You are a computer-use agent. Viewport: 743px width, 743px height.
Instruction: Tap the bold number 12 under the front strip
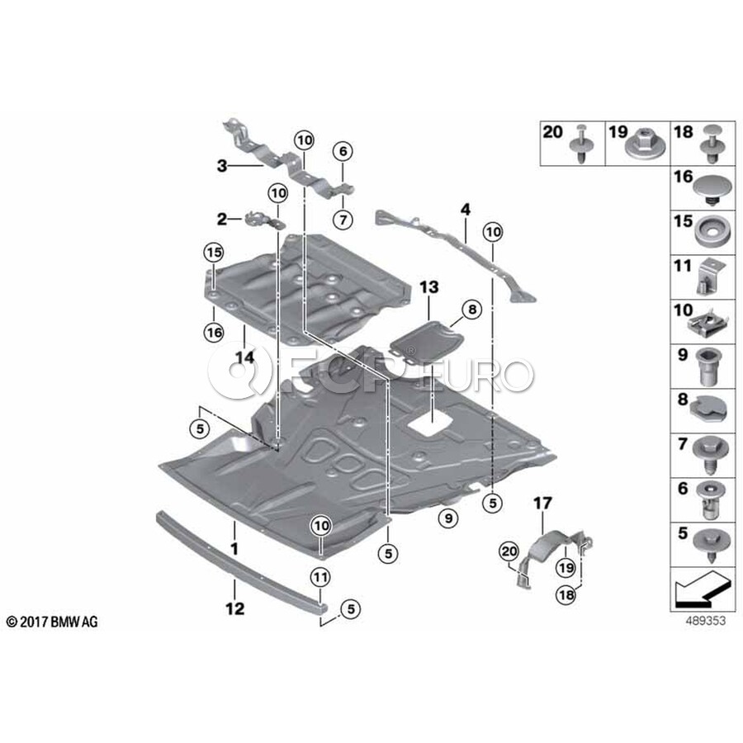[x=234, y=609]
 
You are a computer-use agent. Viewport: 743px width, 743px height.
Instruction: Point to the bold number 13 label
[x=429, y=287]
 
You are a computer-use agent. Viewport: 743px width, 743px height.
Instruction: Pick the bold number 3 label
[x=221, y=166]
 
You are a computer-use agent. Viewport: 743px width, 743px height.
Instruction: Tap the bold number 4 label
[x=466, y=211]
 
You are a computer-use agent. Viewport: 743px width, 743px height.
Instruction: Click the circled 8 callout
[x=471, y=310]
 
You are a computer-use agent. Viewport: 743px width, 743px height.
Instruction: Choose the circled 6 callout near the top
[x=343, y=151]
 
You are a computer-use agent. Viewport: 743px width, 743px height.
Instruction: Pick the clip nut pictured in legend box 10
[x=710, y=322]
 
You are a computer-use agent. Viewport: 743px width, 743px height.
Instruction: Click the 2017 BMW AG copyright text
[x=51, y=622]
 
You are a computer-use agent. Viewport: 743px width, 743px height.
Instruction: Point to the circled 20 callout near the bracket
[x=507, y=551]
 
